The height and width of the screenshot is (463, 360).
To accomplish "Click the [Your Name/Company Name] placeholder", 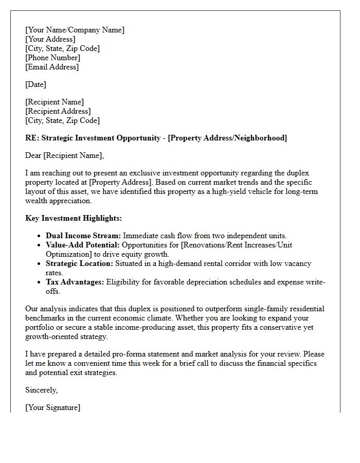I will tap(75, 30).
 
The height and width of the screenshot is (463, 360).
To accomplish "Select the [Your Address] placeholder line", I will tap(50, 39).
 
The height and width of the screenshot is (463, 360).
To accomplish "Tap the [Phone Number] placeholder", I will tap(52, 58).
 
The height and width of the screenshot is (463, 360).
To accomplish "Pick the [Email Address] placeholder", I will tap(52, 67).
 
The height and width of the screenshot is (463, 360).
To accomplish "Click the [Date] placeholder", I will tap(35, 84).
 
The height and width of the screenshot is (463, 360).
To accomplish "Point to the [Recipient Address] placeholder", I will tap(58, 111).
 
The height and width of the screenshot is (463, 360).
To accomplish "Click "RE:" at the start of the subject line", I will tap(32, 138).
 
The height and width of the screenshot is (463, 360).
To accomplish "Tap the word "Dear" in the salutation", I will tap(33, 155).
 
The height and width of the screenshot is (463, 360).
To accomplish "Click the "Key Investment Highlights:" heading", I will tap(74, 218).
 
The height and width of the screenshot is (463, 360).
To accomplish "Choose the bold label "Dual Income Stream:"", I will tap(83, 236).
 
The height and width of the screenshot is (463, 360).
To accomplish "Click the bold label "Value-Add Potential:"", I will tap(83, 245).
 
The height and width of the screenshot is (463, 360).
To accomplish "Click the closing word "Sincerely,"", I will tap(41, 390).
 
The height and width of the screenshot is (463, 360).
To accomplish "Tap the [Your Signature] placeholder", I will tap(52, 407).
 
